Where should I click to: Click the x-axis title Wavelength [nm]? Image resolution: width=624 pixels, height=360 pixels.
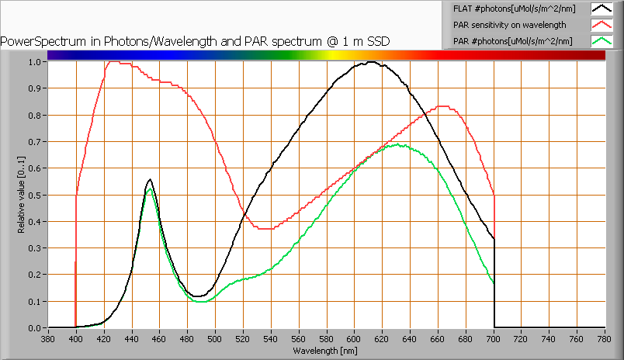[326, 351]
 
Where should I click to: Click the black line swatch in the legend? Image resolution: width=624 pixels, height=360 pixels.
[601, 9]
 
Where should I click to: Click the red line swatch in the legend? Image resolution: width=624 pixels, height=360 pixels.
[601, 25]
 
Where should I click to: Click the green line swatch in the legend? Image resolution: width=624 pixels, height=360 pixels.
[601, 40]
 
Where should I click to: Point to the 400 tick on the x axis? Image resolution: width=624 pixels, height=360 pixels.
[76, 338]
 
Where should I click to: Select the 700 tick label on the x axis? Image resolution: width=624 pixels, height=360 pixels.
[494, 338]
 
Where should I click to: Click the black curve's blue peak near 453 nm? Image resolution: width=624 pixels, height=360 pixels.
[150, 179]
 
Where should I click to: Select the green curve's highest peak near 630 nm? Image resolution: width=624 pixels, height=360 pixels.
[397, 144]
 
